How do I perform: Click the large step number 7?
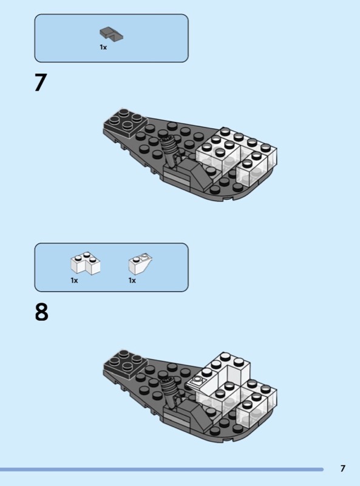point(41,83)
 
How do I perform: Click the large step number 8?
point(41,312)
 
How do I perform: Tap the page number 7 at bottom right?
point(342,468)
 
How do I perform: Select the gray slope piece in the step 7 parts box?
point(111,34)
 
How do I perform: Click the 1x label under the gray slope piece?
point(103,47)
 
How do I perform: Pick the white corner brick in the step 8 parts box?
point(85,263)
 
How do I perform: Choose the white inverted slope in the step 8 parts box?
point(140,264)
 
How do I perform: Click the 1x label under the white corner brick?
point(74,281)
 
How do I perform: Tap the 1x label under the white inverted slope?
point(132,281)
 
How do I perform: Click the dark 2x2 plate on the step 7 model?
point(126,123)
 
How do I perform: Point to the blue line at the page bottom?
point(161,470)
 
